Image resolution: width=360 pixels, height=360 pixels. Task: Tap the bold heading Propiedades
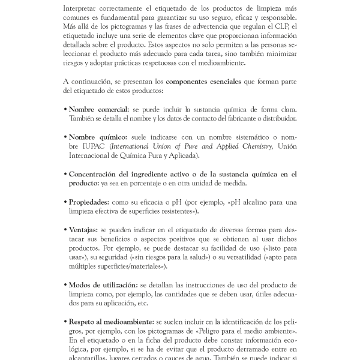pyautogui.click(x=89, y=202)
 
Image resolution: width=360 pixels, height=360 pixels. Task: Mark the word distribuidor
pyautogui.click(x=277, y=118)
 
